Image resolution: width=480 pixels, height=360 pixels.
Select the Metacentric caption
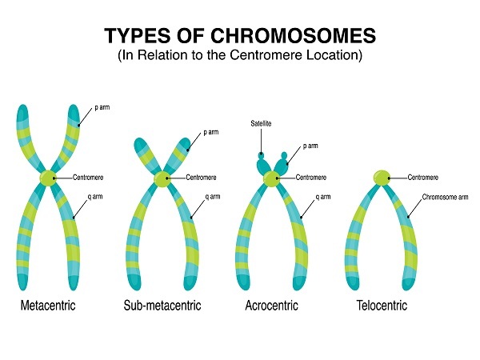pos(49,306)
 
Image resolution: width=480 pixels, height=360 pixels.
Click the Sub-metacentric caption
pos(162,306)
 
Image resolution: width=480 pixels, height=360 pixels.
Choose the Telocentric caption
pos(382,306)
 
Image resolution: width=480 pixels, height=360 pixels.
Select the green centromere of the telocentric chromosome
pos(382,177)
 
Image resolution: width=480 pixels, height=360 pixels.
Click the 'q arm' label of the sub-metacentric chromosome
pos(213,196)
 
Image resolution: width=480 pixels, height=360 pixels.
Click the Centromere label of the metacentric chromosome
pos(88,178)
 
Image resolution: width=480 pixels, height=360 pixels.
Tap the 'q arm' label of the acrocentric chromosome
pos(323,196)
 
